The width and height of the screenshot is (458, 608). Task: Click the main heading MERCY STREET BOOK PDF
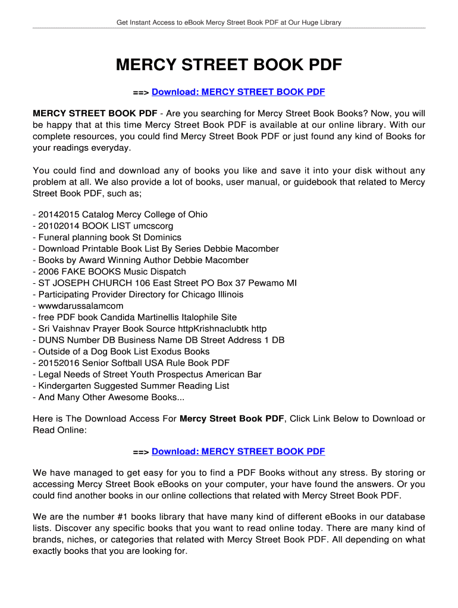click(x=229, y=65)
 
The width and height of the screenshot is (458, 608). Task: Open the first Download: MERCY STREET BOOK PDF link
click(x=238, y=92)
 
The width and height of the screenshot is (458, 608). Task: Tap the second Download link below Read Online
click(x=238, y=451)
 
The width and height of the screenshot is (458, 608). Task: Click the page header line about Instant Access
click(x=229, y=23)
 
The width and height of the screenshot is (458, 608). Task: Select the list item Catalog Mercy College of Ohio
click(x=123, y=214)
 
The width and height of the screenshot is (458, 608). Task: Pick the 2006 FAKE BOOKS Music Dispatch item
click(x=112, y=271)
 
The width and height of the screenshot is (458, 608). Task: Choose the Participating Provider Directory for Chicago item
click(x=140, y=294)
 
